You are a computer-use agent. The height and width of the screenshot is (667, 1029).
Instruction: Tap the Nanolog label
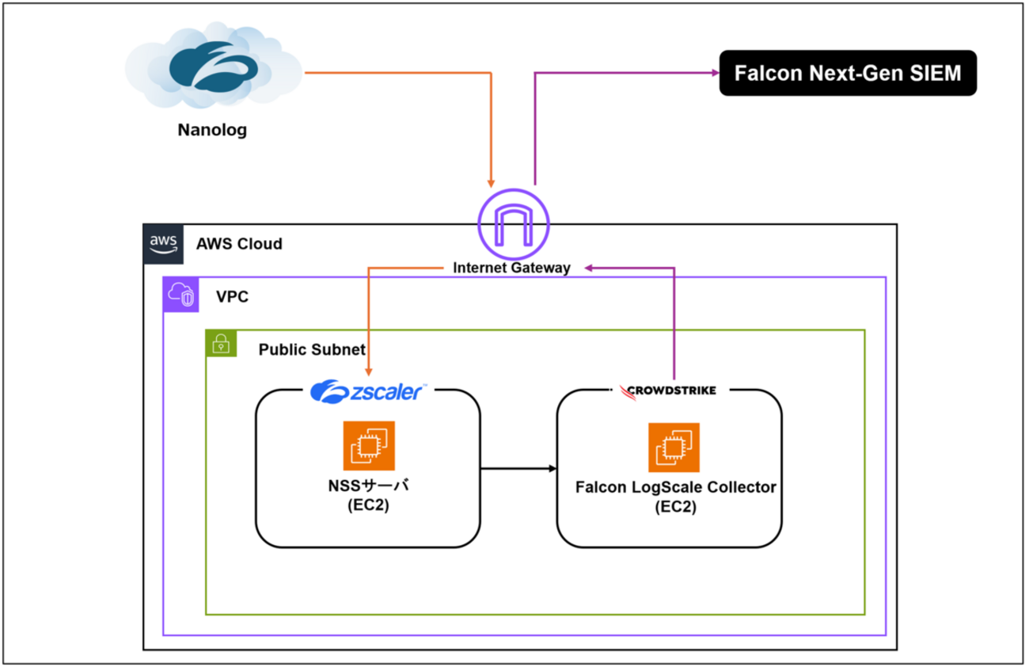[212, 130]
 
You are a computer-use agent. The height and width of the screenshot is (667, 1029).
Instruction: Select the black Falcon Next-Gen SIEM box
[847, 74]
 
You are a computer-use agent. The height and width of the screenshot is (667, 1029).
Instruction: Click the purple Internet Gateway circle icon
[514, 223]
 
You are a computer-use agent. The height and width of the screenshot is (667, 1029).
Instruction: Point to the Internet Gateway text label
[511, 268]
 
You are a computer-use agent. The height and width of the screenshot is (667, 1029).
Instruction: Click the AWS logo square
[162, 243]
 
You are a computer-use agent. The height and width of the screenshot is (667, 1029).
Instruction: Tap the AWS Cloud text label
[239, 244]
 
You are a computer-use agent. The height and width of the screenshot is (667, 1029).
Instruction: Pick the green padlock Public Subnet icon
[222, 345]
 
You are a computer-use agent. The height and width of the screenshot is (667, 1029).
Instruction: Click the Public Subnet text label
[312, 349]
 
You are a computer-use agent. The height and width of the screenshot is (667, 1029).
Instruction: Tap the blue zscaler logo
[368, 391]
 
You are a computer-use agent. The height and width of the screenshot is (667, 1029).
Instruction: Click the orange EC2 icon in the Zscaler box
[368, 445]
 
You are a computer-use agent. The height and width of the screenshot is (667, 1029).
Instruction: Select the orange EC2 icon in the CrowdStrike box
[674, 447]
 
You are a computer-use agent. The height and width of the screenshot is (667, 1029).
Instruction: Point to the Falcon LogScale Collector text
[675, 487]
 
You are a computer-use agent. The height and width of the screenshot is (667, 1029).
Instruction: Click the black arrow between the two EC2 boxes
[518, 469]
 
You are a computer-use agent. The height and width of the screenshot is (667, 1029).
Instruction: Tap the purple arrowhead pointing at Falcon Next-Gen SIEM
[713, 73]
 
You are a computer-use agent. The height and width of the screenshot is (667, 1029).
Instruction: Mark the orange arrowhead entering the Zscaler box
[368, 372]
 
